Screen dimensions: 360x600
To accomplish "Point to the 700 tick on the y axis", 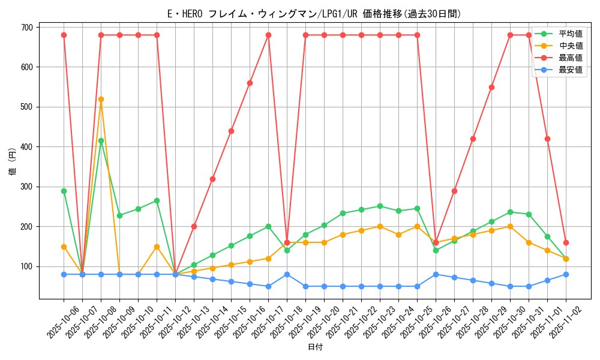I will tap(26, 27).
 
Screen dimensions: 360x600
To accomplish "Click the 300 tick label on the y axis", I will tap(26, 187).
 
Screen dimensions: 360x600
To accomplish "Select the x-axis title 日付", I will tap(315, 347).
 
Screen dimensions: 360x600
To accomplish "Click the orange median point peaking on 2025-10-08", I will tap(101, 99).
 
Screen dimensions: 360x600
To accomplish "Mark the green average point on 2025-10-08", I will tap(101, 141).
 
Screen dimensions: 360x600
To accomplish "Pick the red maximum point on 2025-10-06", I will tap(64, 35).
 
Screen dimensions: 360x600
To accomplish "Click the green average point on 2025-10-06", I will tap(64, 191).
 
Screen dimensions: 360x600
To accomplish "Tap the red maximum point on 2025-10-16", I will tap(250, 83).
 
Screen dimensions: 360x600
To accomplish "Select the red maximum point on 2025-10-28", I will tap(473, 139).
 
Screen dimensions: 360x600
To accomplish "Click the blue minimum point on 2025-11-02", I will tap(566, 274).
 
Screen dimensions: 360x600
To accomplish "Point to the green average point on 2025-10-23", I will tap(380, 206).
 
